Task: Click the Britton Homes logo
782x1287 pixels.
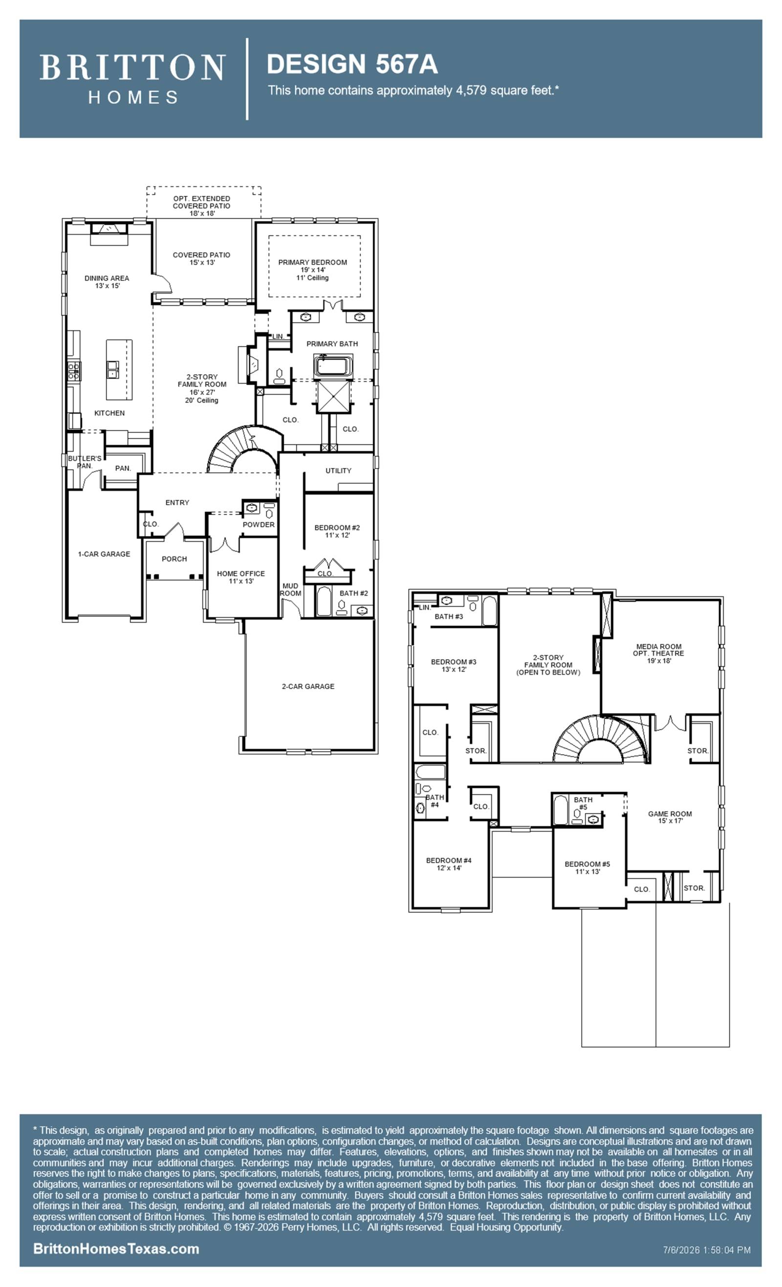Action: click(x=132, y=79)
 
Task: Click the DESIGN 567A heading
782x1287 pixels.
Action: click(x=352, y=64)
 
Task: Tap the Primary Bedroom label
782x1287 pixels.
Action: click(x=313, y=262)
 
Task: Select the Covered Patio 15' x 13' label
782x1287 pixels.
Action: click(x=202, y=258)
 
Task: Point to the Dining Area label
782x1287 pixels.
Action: click(x=107, y=278)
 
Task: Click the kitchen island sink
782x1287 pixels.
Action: click(x=112, y=369)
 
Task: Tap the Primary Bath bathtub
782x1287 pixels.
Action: click(x=333, y=365)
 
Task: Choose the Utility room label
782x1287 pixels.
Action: click(x=339, y=471)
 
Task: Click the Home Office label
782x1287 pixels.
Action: click(x=241, y=573)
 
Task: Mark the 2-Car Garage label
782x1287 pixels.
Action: click(x=308, y=686)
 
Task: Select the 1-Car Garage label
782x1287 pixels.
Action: click(x=104, y=554)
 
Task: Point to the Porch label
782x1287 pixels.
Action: click(x=174, y=559)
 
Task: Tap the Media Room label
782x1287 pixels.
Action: click(x=659, y=646)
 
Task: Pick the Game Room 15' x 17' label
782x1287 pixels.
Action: click(x=670, y=817)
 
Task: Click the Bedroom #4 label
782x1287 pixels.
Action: click(x=449, y=860)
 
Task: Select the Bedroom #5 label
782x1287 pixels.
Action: click(x=587, y=864)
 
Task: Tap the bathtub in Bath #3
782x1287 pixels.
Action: click(x=490, y=611)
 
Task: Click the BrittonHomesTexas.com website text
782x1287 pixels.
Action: click(x=116, y=1249)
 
